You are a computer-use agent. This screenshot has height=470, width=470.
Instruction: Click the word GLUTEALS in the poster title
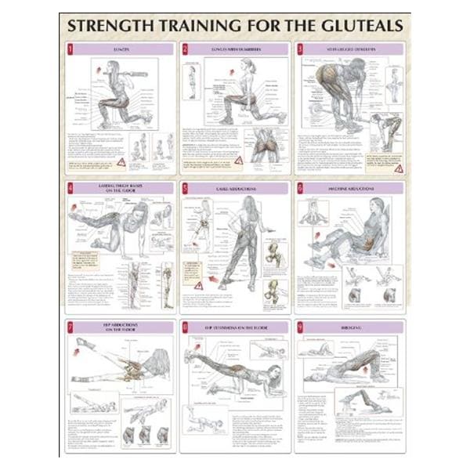[x=352, y=26]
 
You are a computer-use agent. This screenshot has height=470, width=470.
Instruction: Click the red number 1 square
[x=70, y=49]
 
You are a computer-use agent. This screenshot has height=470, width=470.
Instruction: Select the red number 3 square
[x=300, y=49]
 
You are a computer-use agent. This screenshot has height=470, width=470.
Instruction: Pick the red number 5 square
[x=185, y=188]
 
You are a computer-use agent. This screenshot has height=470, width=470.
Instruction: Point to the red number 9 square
[x=300, y=325]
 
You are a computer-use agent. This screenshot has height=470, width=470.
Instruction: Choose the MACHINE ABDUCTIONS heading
[x=352, y=188]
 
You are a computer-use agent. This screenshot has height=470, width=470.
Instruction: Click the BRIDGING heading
[x=352, y=325]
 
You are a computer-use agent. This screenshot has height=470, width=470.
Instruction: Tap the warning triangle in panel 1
[x=121, y=161]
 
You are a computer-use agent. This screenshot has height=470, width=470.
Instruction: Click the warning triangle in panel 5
[x=199, y=285]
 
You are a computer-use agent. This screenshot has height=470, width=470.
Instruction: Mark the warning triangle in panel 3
[x=398, y=168]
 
